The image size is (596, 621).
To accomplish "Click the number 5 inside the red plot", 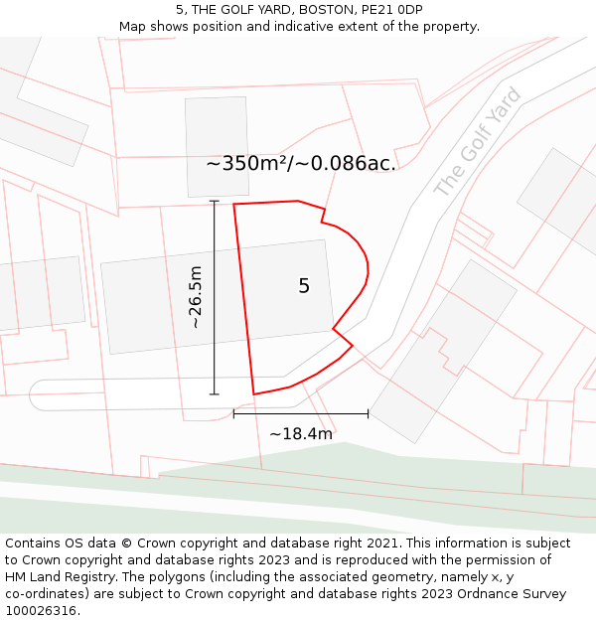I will pyautogui.click(x=304, y=286).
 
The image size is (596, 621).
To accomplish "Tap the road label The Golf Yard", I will pyautogui.click(x=478, y=142).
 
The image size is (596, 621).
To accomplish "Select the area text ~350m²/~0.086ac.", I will pyautogui.click(x=301, y=164).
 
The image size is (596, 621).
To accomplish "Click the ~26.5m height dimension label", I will pyautogui.click(x=196, y=297).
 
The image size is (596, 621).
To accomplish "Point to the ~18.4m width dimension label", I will pyautogui.click(x=300, y=433).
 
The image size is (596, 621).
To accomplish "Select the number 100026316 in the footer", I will pyautogui.click(x=39, y=611).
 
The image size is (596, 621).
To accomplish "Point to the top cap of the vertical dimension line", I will pyautogui.click(x=215, y=202).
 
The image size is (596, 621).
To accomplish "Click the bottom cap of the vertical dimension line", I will pyautogui.click(x=215, y=394).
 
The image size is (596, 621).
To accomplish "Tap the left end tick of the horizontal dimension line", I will pyautogui.click(x=233, y=413).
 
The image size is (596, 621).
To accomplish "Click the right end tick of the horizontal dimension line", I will pyautogui.click(x=369, y=413).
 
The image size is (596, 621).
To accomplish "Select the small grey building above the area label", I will pyautogui.click(x=218, y=146).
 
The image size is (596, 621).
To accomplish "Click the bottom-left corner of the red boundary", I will pyautogui.click(x=254, y=394).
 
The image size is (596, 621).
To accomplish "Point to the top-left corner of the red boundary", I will pyautogui.click(x=233, y=205).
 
